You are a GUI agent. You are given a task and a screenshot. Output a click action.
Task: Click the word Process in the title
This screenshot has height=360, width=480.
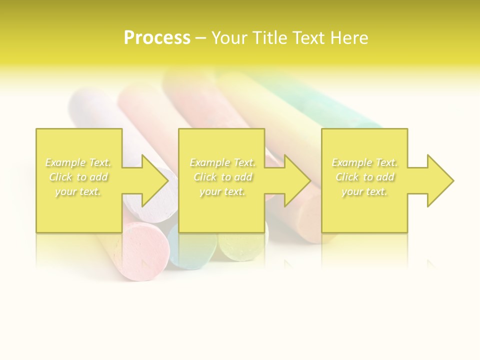pyautogui.click(x=157, y=38)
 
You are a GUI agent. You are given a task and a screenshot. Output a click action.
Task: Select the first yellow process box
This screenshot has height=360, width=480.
pyautogui.click(x=79, y=210)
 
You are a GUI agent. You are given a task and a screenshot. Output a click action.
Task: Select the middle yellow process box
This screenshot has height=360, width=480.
pyautogui.click(x=221, y=210)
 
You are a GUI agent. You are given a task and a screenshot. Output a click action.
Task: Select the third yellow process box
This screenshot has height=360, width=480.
pyautogui.click(x=364, y=210)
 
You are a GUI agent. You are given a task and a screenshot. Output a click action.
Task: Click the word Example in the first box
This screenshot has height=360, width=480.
pyautogui.click(x=65, y=162)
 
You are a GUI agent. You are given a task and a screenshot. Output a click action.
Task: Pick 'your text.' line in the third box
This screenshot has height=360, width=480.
pyautogui.click(x=364, y=191)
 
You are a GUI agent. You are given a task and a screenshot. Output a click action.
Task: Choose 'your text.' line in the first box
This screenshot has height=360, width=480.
pyautogui.click(x=78, y=191)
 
